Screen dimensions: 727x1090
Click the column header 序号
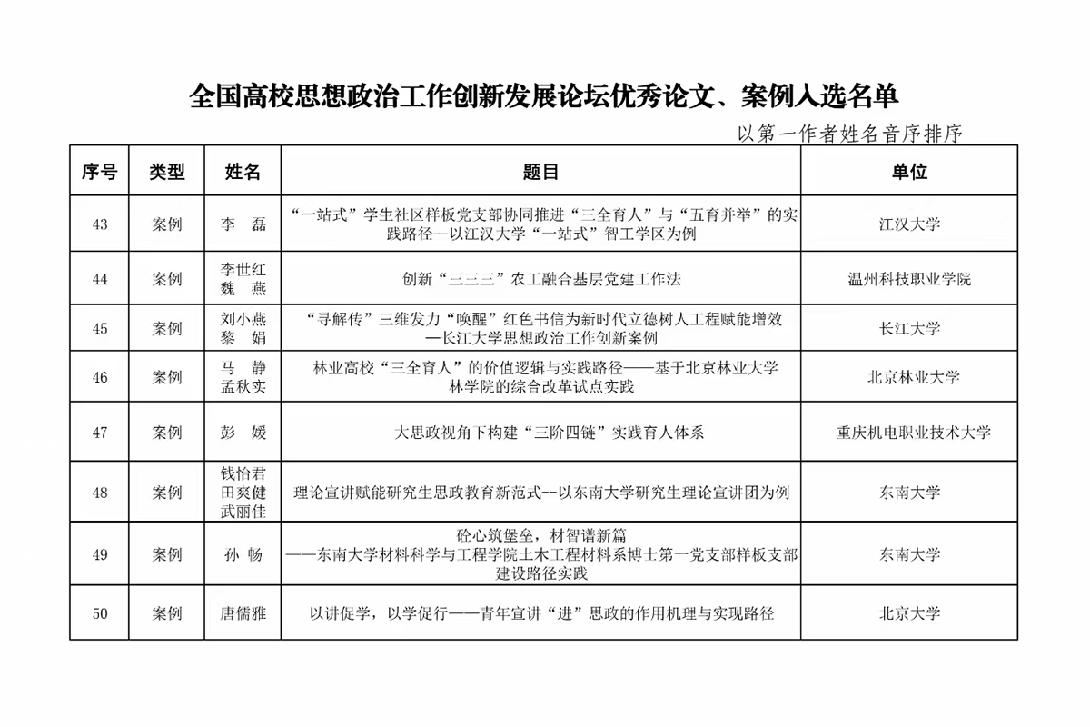[100, 171]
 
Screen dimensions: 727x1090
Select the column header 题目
[540, 171]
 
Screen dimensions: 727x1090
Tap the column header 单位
[908, 171]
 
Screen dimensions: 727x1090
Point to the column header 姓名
[243, 171]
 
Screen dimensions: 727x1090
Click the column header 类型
[167, 171]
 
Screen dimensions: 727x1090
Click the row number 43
[100, 224]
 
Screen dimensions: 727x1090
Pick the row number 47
[100, 433]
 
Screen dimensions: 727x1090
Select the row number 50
[100, 613]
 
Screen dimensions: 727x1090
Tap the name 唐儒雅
[243, 613]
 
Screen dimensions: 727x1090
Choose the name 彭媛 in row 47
[243, 433]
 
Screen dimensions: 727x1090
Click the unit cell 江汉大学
[908, 224]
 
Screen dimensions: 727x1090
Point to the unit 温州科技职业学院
[908, 279]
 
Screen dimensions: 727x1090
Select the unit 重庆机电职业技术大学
[908, 433]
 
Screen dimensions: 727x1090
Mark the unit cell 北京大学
[908, 613]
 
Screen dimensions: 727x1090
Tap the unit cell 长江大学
[908, 328]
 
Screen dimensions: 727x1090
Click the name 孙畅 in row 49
[243, 553]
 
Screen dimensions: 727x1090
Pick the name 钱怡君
[243, 473]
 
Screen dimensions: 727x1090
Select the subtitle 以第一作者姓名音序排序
[849, 134]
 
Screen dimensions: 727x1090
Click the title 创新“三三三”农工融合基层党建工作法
[540, 279]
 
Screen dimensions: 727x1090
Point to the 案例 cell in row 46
[167, 377]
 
